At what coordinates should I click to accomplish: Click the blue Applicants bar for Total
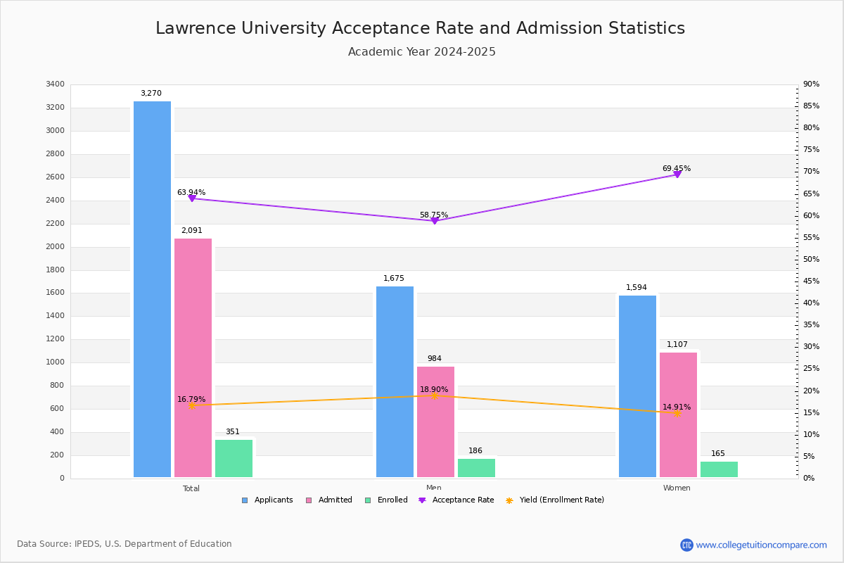152,289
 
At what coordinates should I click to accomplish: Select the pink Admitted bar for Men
435,422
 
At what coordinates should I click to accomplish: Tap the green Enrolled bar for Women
719,469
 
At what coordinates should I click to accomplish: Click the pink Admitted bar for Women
678,415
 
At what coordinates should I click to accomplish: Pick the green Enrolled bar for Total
234,458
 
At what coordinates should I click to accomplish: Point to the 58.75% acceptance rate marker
435,221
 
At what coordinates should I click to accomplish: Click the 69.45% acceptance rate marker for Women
677,174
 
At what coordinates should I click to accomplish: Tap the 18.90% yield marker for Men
435,396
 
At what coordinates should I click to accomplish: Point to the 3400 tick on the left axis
55,84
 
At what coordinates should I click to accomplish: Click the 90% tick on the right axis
811,84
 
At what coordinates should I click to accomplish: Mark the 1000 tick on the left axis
55,362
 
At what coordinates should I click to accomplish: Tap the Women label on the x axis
677,488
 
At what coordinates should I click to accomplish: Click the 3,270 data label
151,94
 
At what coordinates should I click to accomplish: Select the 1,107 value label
677,345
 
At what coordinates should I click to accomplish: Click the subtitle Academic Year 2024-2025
422,52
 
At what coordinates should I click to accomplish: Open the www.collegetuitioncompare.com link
761,545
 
